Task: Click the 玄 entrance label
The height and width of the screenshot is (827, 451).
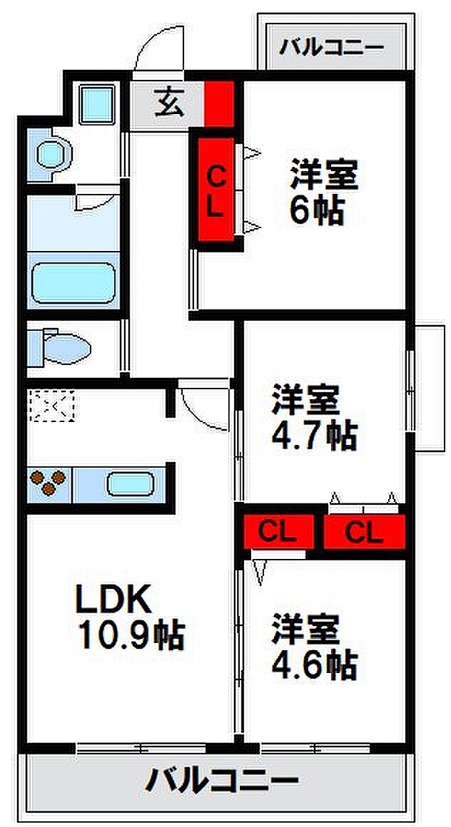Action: click(x=168, y=104)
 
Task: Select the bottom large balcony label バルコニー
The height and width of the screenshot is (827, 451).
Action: click(x=222, y=783)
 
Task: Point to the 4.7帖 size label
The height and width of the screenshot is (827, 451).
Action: click(x=313, y=436)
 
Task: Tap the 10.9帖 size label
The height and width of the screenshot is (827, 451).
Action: click(x=131, y=635)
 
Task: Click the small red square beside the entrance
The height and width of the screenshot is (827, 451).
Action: click(x=220, y=104)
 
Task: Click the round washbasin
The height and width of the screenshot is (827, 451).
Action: click(x=52, y=153)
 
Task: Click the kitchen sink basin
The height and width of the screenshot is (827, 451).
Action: click(x=131, y=483)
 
